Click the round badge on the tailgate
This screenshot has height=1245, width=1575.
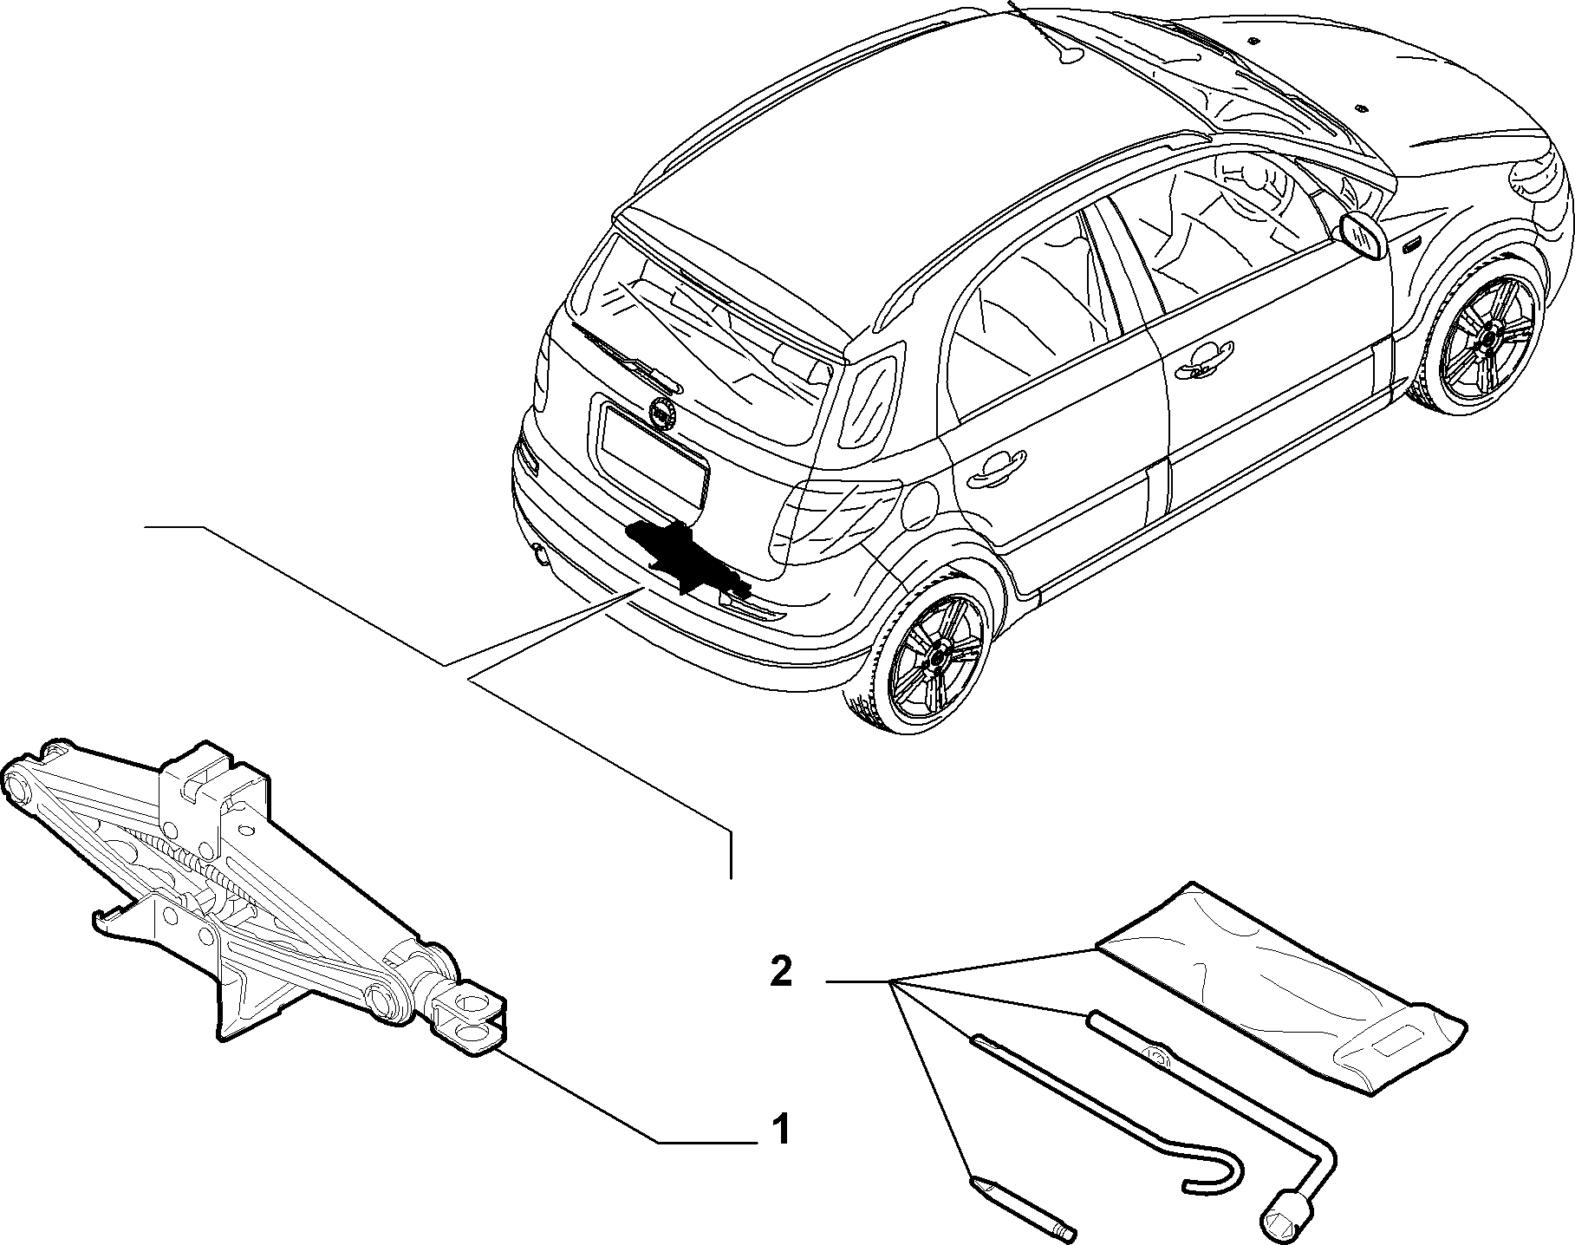(x=662, y=412)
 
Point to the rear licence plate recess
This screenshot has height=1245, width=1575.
(x=654, y=450)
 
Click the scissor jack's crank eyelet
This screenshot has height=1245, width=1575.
(x=472, y=1019)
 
